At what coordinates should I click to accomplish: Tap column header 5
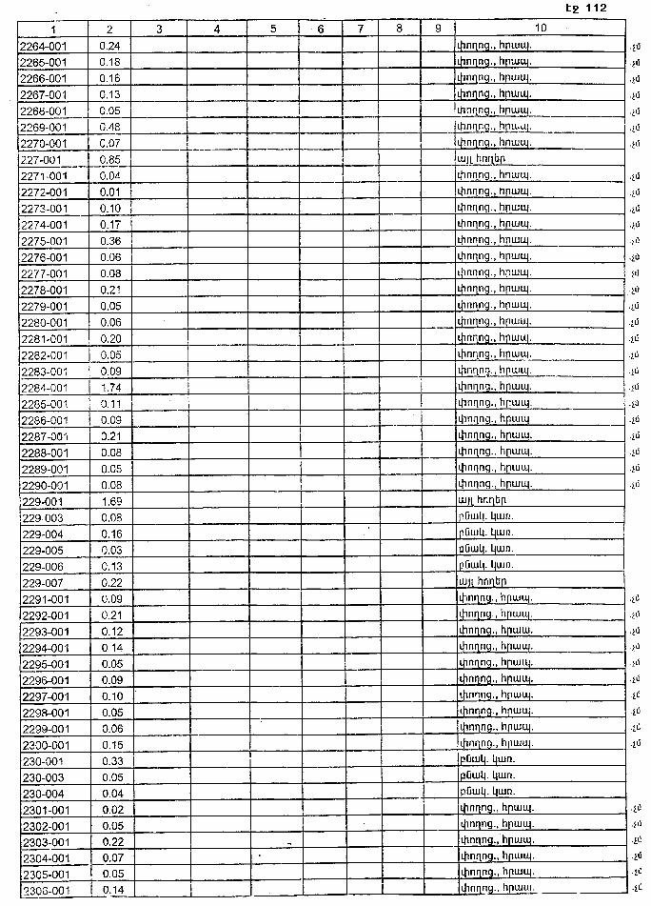(272, 29)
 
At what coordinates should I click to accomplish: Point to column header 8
(398, 29)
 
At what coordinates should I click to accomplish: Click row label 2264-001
(44, 46)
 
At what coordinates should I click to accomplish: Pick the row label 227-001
(41, 159)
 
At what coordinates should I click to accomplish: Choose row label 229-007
(41, 582)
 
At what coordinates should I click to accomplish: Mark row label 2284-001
(44, 388)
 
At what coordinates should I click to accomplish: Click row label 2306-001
(44, 891)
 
